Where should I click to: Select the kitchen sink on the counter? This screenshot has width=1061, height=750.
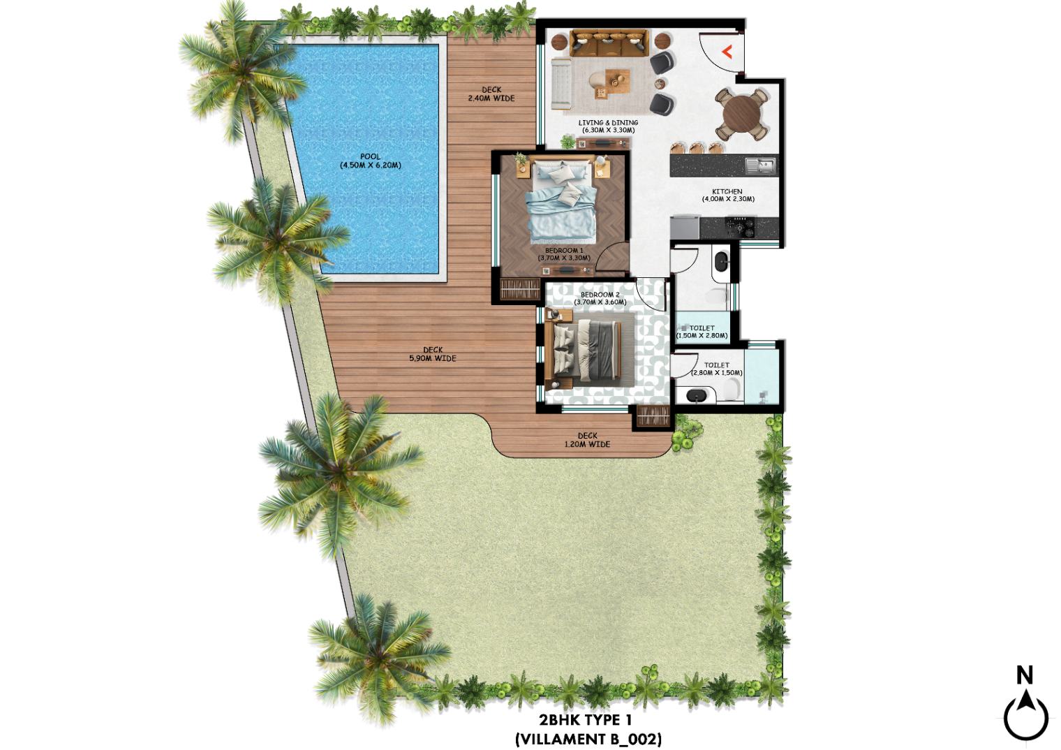[760, 165]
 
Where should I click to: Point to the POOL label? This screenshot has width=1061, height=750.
[371, 161]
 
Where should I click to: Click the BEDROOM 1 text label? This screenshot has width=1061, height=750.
[564, 254]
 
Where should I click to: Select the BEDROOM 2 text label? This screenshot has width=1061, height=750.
[600, 298]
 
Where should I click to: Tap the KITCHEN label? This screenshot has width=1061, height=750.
[728, 196]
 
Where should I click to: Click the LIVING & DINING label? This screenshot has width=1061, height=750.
[608, 126]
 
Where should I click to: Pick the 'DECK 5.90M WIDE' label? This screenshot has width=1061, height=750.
[433, 354]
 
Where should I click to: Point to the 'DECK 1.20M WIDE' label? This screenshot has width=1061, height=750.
[587, 440]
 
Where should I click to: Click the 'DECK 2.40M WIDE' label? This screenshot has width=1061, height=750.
[491, 94]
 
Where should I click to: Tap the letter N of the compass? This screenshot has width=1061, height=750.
[1025, 675]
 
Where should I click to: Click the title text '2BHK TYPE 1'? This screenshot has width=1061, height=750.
[586, 720]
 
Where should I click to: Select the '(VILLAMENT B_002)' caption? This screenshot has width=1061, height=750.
[588, 739]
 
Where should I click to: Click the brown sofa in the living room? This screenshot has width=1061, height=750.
[609, 43]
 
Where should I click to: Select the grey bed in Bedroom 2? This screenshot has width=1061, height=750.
[586, 350]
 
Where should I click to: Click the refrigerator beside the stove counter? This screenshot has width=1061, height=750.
[685, 227]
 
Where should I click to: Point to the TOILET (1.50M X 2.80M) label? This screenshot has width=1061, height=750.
[702, 332]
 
